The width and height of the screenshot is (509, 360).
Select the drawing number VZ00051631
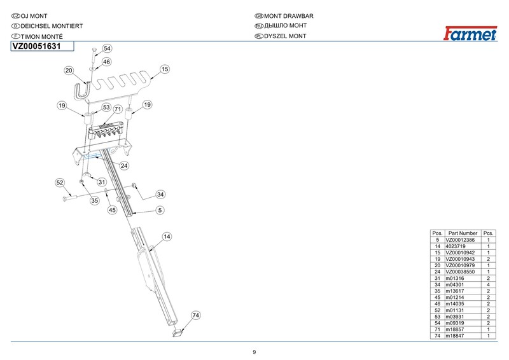(38, 46)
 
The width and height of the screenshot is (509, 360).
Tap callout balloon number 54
(107, 48)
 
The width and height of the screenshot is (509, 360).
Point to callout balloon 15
(164, 69)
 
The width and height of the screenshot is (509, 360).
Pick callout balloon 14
(167, 237)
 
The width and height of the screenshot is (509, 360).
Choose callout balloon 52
(60, 183)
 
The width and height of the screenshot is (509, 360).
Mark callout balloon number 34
(160, 194)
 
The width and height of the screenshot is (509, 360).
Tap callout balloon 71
(118, 109)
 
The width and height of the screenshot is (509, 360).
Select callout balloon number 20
(69, 70)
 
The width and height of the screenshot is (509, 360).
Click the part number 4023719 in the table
(457, 246)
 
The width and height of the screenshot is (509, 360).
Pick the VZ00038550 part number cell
(461, 272)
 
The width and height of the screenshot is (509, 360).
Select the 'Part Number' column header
(463, 233)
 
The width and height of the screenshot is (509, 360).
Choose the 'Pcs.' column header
(489, 233)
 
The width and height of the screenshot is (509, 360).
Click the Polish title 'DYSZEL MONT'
(284, 36)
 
